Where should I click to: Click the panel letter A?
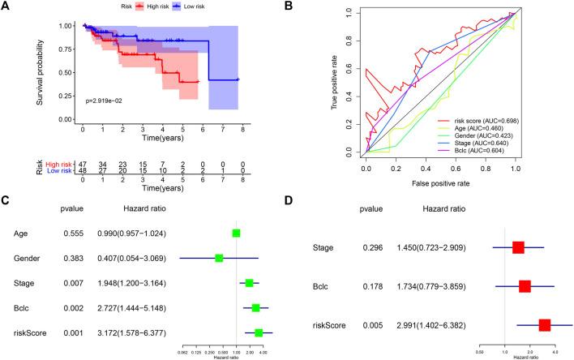[x=6, y=6]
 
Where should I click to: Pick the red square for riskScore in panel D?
[x=545, y=325]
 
